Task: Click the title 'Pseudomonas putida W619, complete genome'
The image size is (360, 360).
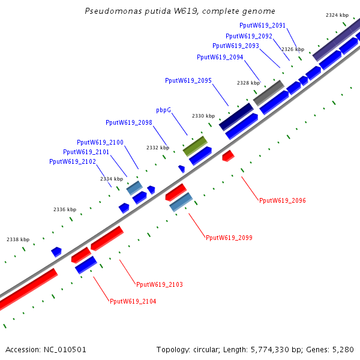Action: (180, 11)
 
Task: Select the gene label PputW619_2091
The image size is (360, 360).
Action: (262, 25)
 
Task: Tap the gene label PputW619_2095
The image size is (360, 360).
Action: (188, 80)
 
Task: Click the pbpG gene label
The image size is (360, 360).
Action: (163, 110)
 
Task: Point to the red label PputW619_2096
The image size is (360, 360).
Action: (283, 200)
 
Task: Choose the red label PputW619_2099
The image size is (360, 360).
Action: (229, 238)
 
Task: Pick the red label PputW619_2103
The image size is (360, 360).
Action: (160, 284)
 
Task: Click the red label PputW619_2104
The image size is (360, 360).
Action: (133, 301)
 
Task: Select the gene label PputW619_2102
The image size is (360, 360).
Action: (72, 161)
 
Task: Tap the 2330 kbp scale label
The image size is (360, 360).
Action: (203, 116)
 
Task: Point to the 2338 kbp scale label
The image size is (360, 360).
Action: (18, 239)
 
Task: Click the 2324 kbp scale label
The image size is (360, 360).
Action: (337, 15)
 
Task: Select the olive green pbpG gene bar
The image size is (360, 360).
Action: (195, 145)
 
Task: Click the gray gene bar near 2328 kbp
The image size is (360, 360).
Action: (268, 92)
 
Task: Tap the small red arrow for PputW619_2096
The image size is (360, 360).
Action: (228, 156)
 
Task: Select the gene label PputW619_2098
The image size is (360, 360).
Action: (128, 122)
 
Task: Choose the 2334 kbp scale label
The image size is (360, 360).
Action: (112, 179)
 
